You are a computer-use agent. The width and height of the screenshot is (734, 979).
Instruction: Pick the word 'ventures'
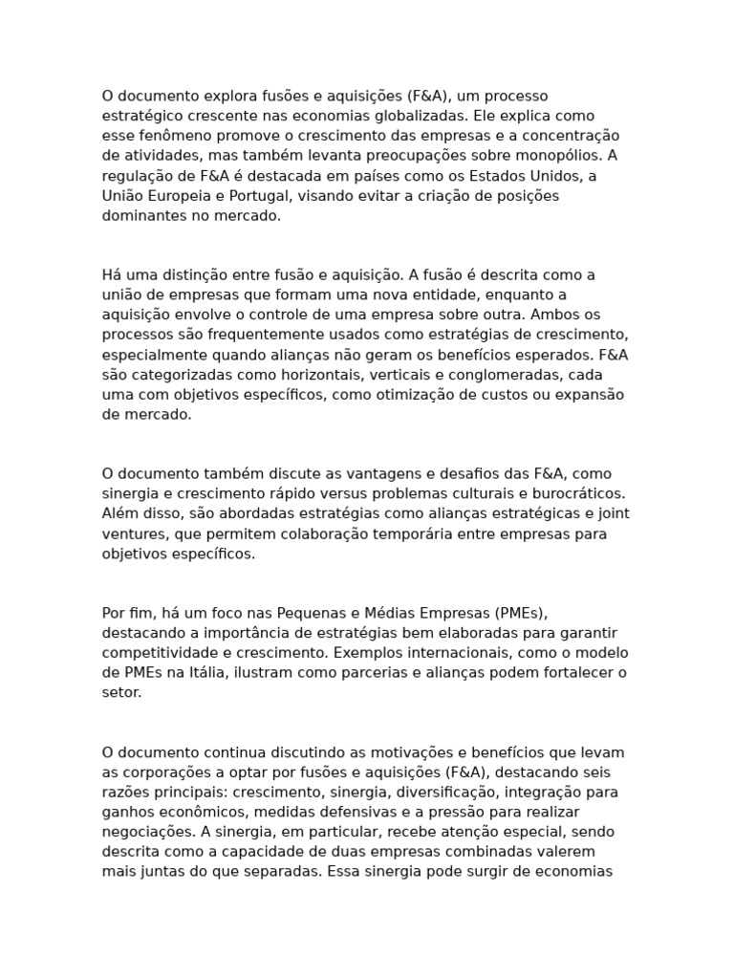click(132, 534)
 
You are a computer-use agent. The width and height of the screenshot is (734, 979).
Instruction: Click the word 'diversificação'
click(426, 793)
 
